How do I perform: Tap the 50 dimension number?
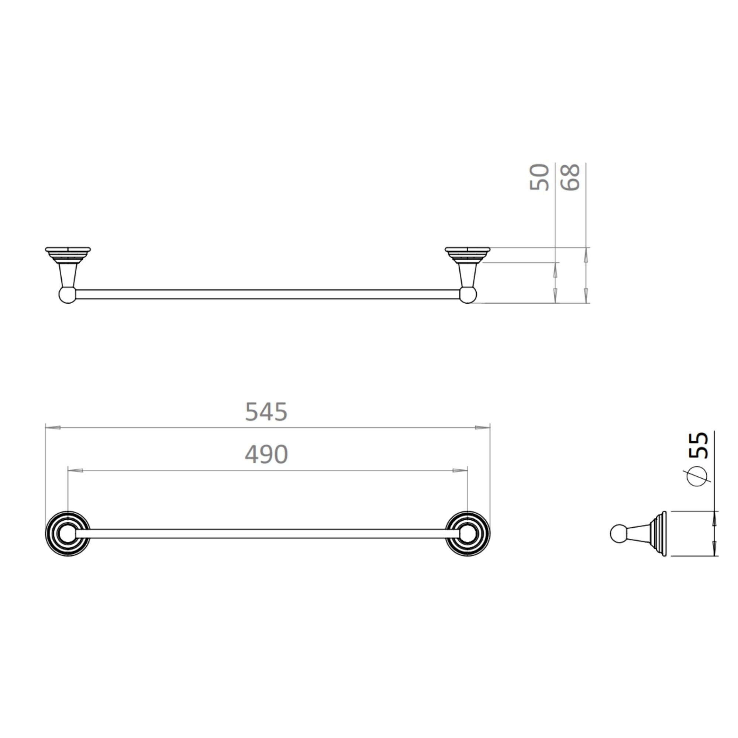coord(539,177)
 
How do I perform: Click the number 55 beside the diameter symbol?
coord(699,445)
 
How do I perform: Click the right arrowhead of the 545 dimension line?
coord(482,427)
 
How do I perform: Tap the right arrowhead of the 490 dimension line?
coord(460,470)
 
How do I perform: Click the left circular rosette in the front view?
coord(68,534)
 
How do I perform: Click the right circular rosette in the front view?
coord(468,534)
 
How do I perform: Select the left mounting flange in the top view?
coord(68,254)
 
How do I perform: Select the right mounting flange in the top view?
coord(468,254)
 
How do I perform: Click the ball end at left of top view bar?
coord(67,295)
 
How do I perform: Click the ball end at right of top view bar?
coord(468,295)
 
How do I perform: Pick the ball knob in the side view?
coord(617,534)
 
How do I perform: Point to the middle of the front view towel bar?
coord(268,534)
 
